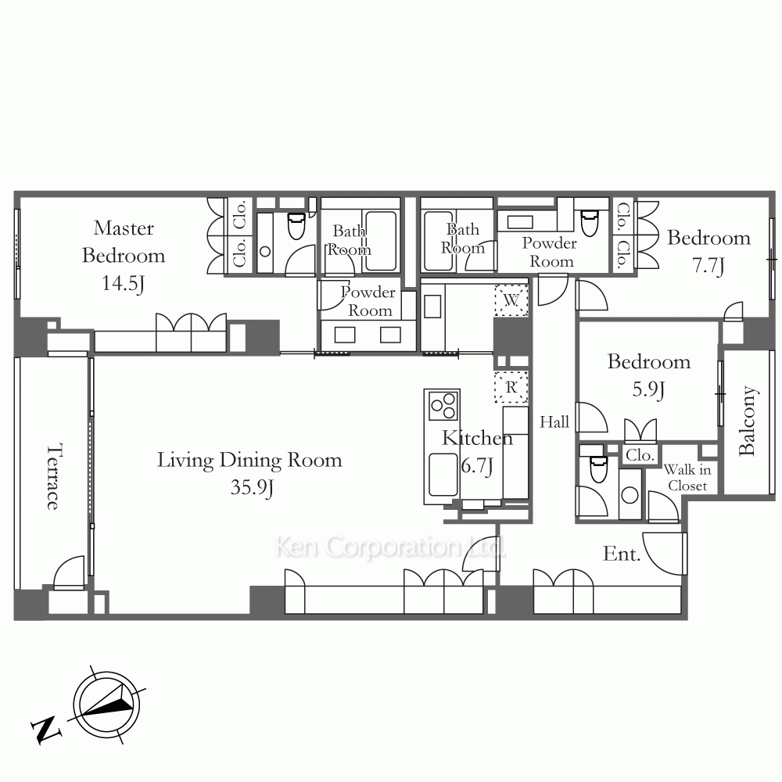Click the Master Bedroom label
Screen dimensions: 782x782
point(124,242)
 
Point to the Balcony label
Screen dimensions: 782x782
point(747,421)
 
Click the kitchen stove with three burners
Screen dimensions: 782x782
point(443,405)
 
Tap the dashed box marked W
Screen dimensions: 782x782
point(511,300)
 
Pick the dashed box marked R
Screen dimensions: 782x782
point(511,387)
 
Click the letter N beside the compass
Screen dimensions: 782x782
point(46,730)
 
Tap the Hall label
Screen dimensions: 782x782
point(554,422)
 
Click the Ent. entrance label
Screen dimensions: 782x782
point(622,554)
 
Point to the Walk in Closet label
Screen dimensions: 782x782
point(687,478)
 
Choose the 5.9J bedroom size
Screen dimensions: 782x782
point(648,389)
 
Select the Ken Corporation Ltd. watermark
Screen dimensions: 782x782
point(390,547)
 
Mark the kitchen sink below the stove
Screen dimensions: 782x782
point(443,475)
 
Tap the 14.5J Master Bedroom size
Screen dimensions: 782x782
point(124,284)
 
